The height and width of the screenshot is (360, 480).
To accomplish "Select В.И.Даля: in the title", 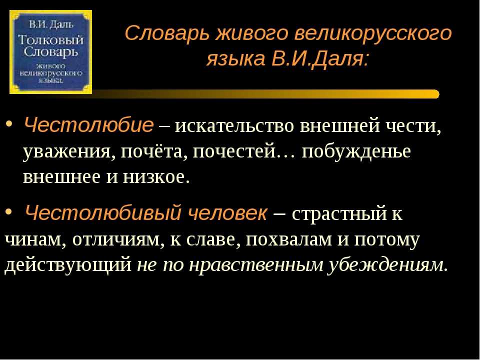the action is click(320, 58).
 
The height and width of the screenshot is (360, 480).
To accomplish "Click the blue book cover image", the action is click(51, 52).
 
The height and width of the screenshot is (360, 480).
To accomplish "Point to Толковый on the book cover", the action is click(51, 40).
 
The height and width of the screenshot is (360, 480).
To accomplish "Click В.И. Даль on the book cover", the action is click(51, 24).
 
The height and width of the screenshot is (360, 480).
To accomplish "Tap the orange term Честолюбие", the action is click(88, 125).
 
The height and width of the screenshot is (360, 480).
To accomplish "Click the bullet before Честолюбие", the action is click(9, 124).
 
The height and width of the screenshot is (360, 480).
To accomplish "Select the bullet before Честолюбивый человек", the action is click(9, 212).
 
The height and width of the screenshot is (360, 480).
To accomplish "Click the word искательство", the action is click(234, 125).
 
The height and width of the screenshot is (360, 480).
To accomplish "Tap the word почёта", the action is click(154, 151).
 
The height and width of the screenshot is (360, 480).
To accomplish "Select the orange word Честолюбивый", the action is click(103, 213).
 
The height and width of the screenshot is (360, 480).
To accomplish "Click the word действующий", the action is click(68, 265).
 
